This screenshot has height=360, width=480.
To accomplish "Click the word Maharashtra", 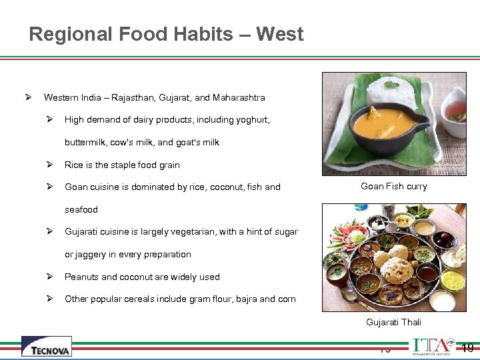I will tap(239, 97).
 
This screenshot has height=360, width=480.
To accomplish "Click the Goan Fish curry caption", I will tap(393, 187).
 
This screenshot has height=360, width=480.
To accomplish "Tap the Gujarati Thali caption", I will tap(393, 322).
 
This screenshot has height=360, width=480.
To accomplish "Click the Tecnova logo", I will tap(46, 347).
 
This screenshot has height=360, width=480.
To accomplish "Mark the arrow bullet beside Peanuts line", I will tap(49, 277).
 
